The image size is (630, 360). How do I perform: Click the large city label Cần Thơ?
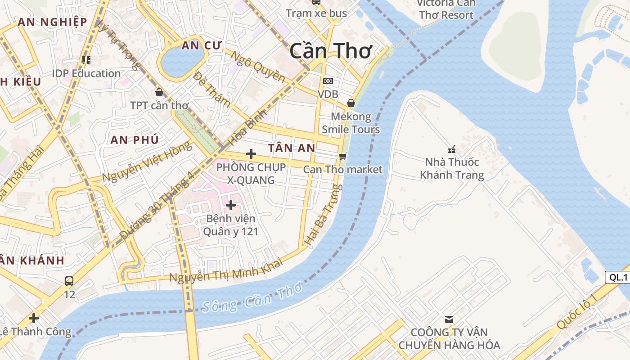pyautogui.click(x=331, y=50)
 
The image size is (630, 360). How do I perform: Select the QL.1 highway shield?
pyautogui.click(x=618, y=277)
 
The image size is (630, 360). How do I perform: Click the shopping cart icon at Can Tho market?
pyautogui.click(x=343, y=156)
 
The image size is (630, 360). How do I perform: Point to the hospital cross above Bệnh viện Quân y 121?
pyautogui.click(x=230, y=205)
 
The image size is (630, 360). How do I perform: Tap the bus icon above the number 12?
pyautogui.click(x=69, y=281)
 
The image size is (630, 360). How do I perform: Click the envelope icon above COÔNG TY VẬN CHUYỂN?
pyautogui.click(x=449, y=319)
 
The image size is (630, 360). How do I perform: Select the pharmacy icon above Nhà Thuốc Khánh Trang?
pyautogui.click(x=452, y=149)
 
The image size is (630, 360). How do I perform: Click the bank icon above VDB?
pyautogui.click(x=328, y=81)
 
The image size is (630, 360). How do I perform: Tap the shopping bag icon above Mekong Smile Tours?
pyautogui.click(x=351, y=103)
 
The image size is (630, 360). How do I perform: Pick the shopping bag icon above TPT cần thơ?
pyautogui.click(x=159, y=92)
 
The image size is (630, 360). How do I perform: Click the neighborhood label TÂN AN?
pyautogui.click(x=292, y=148)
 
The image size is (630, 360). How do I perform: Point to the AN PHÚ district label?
pyautogui.click(x=135, y=139)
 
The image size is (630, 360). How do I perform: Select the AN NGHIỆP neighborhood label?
pyautogui.click(x=52, y=22)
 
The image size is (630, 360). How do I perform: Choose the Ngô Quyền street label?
pyautogui.click(x=257, y=67)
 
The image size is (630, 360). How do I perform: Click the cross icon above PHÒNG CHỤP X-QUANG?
pyautogui.click(x=251, y=154)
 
